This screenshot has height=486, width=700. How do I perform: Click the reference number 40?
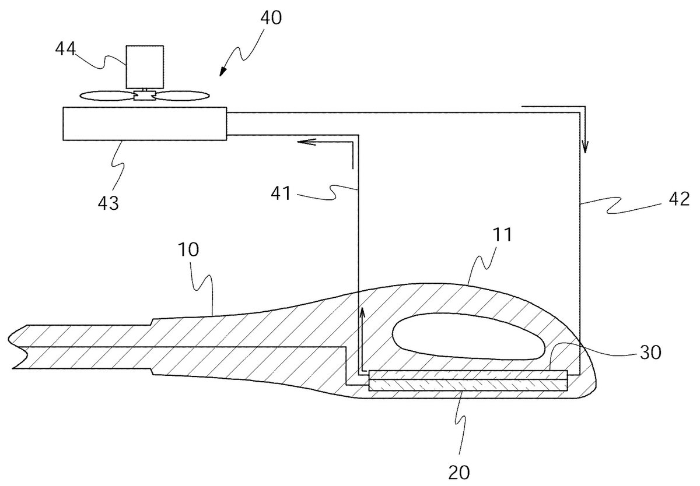point(271,18)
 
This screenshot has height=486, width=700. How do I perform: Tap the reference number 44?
point(65,49)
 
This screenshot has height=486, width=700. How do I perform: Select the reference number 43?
point(108,203)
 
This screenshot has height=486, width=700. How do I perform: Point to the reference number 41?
point(281,193)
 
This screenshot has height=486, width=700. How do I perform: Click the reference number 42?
point(679,199)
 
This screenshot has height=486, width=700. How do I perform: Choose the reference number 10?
point(188,250)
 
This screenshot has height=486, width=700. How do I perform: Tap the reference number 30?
point(650,352)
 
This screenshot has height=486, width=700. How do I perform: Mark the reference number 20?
point(459,472)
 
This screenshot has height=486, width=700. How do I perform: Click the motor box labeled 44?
point(145,67)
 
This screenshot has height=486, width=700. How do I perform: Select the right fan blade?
point(181,96)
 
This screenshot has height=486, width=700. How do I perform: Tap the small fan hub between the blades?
point(145,94)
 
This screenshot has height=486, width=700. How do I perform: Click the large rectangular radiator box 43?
point(145,124)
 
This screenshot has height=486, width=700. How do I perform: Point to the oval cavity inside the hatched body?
point(468,336)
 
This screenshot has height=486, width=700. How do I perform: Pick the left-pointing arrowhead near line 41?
point(306,142)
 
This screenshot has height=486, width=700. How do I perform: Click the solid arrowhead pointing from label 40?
point(222,72)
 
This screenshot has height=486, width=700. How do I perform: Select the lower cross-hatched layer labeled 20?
point(468,385)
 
